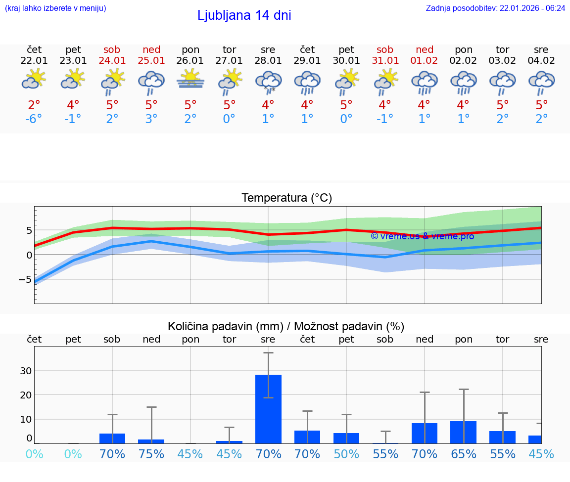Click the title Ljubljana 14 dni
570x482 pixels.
coord(244,15)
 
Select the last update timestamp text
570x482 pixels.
coord(495,8)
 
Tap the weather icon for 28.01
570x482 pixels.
coord(268,82)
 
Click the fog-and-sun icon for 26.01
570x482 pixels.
coord(190,80)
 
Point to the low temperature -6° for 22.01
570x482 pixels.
coord(34,119)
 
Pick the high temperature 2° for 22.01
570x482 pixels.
coord(34,105)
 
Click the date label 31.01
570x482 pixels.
coord(385,60)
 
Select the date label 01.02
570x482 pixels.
coord(424,60)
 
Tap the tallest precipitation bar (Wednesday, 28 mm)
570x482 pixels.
coord(268,409)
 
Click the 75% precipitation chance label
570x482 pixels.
coord(151,454)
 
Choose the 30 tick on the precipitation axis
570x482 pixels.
coord(26,371)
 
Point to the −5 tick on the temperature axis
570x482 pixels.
coord(25,279)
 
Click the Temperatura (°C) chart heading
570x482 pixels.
coord(286,198)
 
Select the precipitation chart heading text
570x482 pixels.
coord(286,326)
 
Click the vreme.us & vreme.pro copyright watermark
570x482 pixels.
coord(423,236)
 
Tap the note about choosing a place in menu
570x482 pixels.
coord(55,8)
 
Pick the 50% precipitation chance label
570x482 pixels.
coord(346,454)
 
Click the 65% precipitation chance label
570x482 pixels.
coord(463,454)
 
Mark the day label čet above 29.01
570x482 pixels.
coord(307,49)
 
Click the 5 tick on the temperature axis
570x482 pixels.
coord(29,230)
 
